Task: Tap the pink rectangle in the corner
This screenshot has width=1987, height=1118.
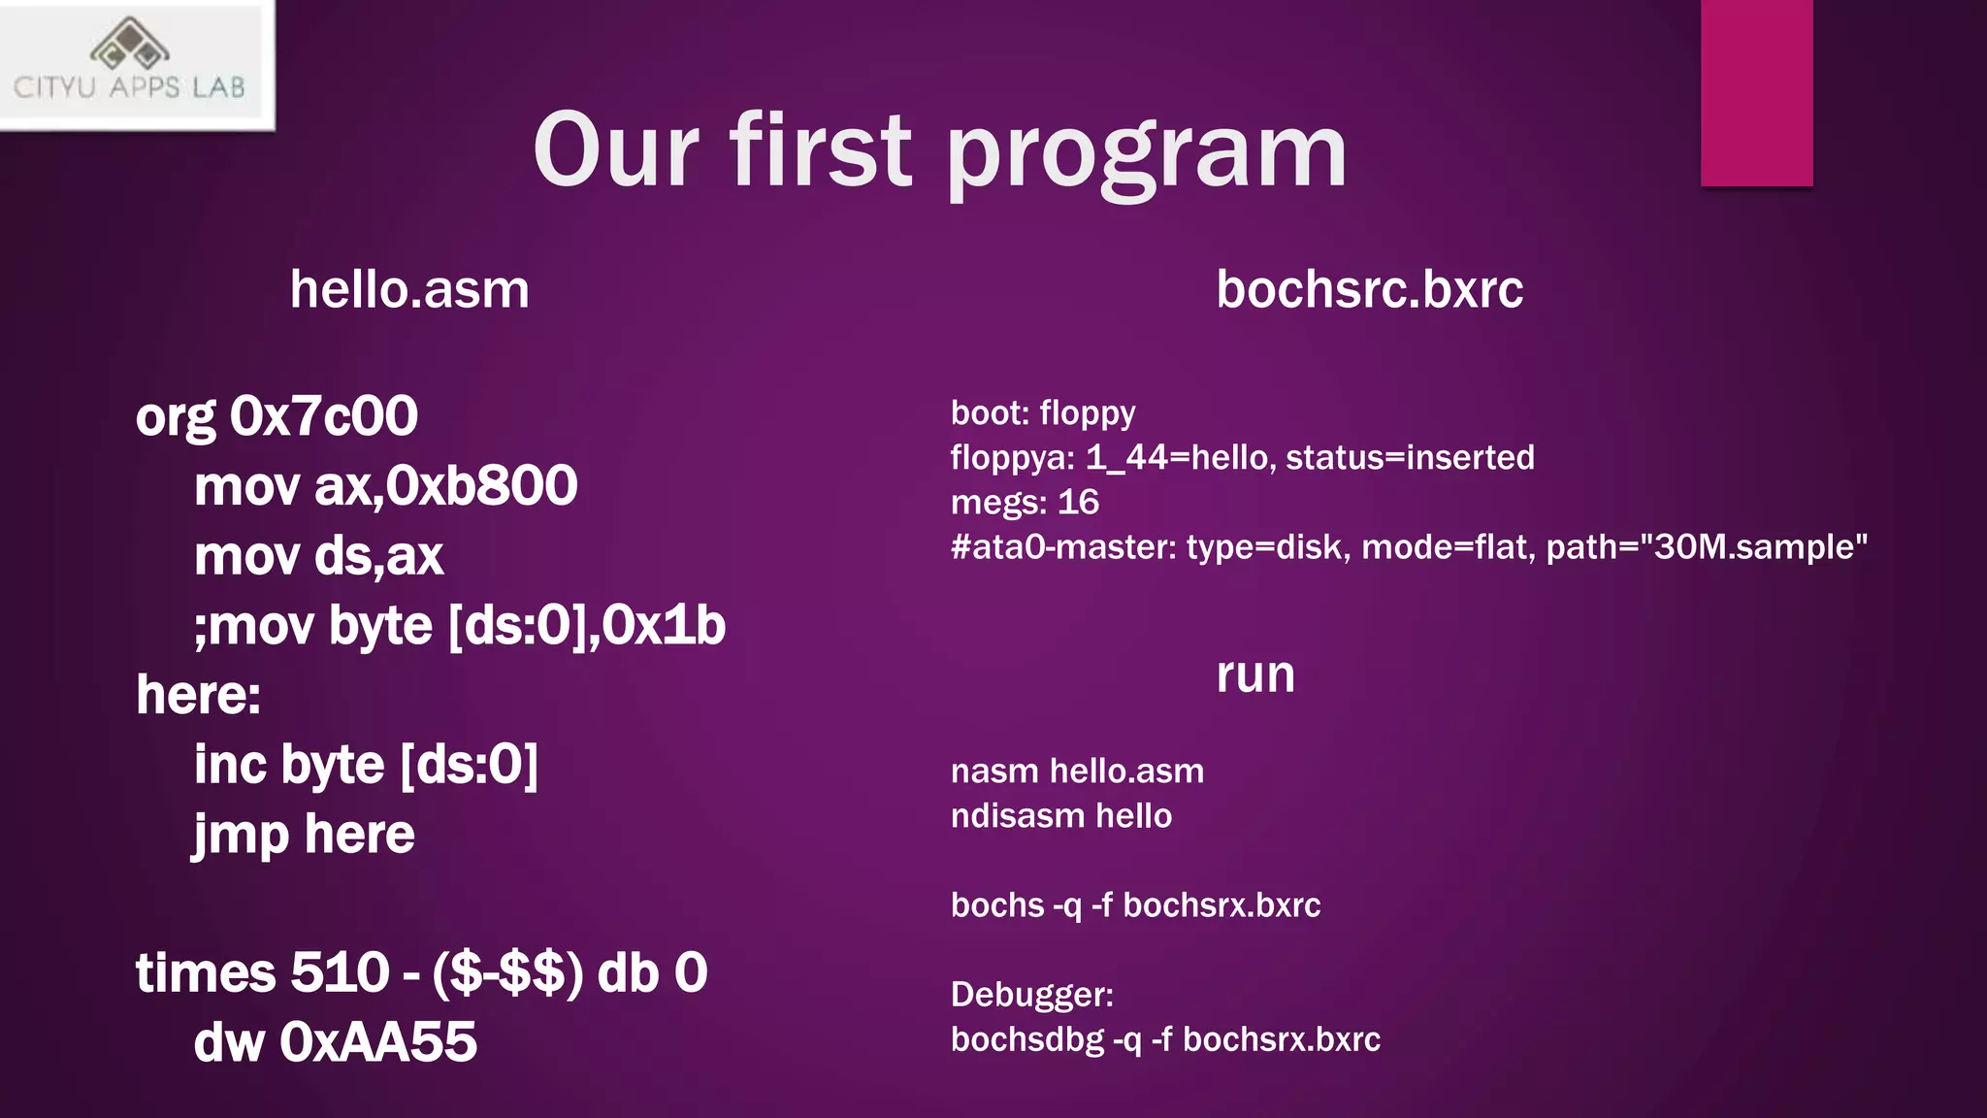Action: point(1756,92)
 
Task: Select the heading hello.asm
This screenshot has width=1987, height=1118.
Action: point(409,289)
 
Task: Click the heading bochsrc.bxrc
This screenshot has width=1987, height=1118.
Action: point(1369,289)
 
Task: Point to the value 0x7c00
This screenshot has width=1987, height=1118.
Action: point(323,416)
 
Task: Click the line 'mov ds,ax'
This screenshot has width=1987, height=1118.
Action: point(318,556)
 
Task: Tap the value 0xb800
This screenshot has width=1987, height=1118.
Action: point(482,486)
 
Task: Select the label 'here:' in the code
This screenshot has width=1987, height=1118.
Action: point(199,695)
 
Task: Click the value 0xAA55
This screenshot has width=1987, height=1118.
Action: point(378,1042)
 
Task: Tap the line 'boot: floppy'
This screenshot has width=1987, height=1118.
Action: point(1042,413)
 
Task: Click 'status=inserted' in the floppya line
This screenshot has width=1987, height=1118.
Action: point(1410,457)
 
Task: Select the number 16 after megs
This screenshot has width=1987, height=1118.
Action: point(1078,503)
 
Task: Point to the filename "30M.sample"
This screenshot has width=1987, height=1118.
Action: point(1753,547)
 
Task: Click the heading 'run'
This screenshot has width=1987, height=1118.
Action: point(1255,674)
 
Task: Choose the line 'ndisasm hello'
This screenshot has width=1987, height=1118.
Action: point(1060,816)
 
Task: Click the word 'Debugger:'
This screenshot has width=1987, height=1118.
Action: point(1031,995)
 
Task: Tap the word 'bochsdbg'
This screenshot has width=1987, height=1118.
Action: point(1026,1040)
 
